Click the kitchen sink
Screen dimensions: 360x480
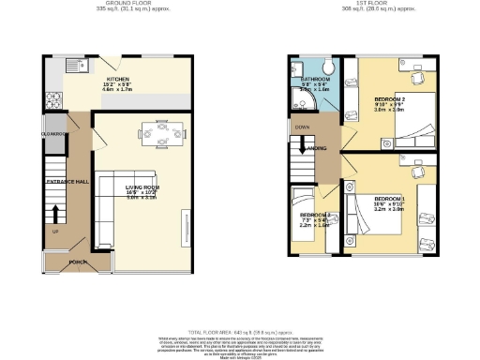click(82, 66)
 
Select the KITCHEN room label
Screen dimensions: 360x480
click(118, 80)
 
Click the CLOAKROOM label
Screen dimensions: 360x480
click(52, 134)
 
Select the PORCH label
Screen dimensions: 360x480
click(80, 262)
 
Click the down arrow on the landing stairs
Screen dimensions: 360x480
click(303, 146)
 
